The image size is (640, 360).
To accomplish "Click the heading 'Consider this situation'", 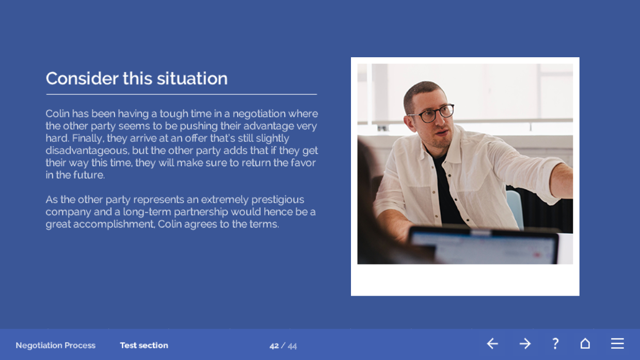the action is pos(137,78).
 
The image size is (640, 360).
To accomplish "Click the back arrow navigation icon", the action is pos(492,343).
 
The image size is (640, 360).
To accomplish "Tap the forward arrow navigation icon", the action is pos(525,343).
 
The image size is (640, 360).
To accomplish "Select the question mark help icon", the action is pos(555,343).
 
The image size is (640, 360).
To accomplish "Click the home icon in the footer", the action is pos(585,343).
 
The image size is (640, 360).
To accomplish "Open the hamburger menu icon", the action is pos(617,343).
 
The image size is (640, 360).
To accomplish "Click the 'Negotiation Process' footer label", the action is pos(55,345).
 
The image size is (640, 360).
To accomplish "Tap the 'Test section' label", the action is pos(144,345).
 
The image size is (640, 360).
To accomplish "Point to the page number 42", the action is pos(274,346).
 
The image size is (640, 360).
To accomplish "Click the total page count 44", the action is pos(292,346).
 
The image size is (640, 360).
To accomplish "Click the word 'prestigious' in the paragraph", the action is pos(278,200).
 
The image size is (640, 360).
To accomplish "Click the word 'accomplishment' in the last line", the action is pos(114,224).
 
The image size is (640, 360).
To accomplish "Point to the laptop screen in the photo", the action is pos(483,246).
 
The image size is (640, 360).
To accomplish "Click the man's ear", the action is pos(409,122).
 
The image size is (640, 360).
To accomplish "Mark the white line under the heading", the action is pos(182,94).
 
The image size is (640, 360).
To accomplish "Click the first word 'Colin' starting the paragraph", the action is pos(57,113).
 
